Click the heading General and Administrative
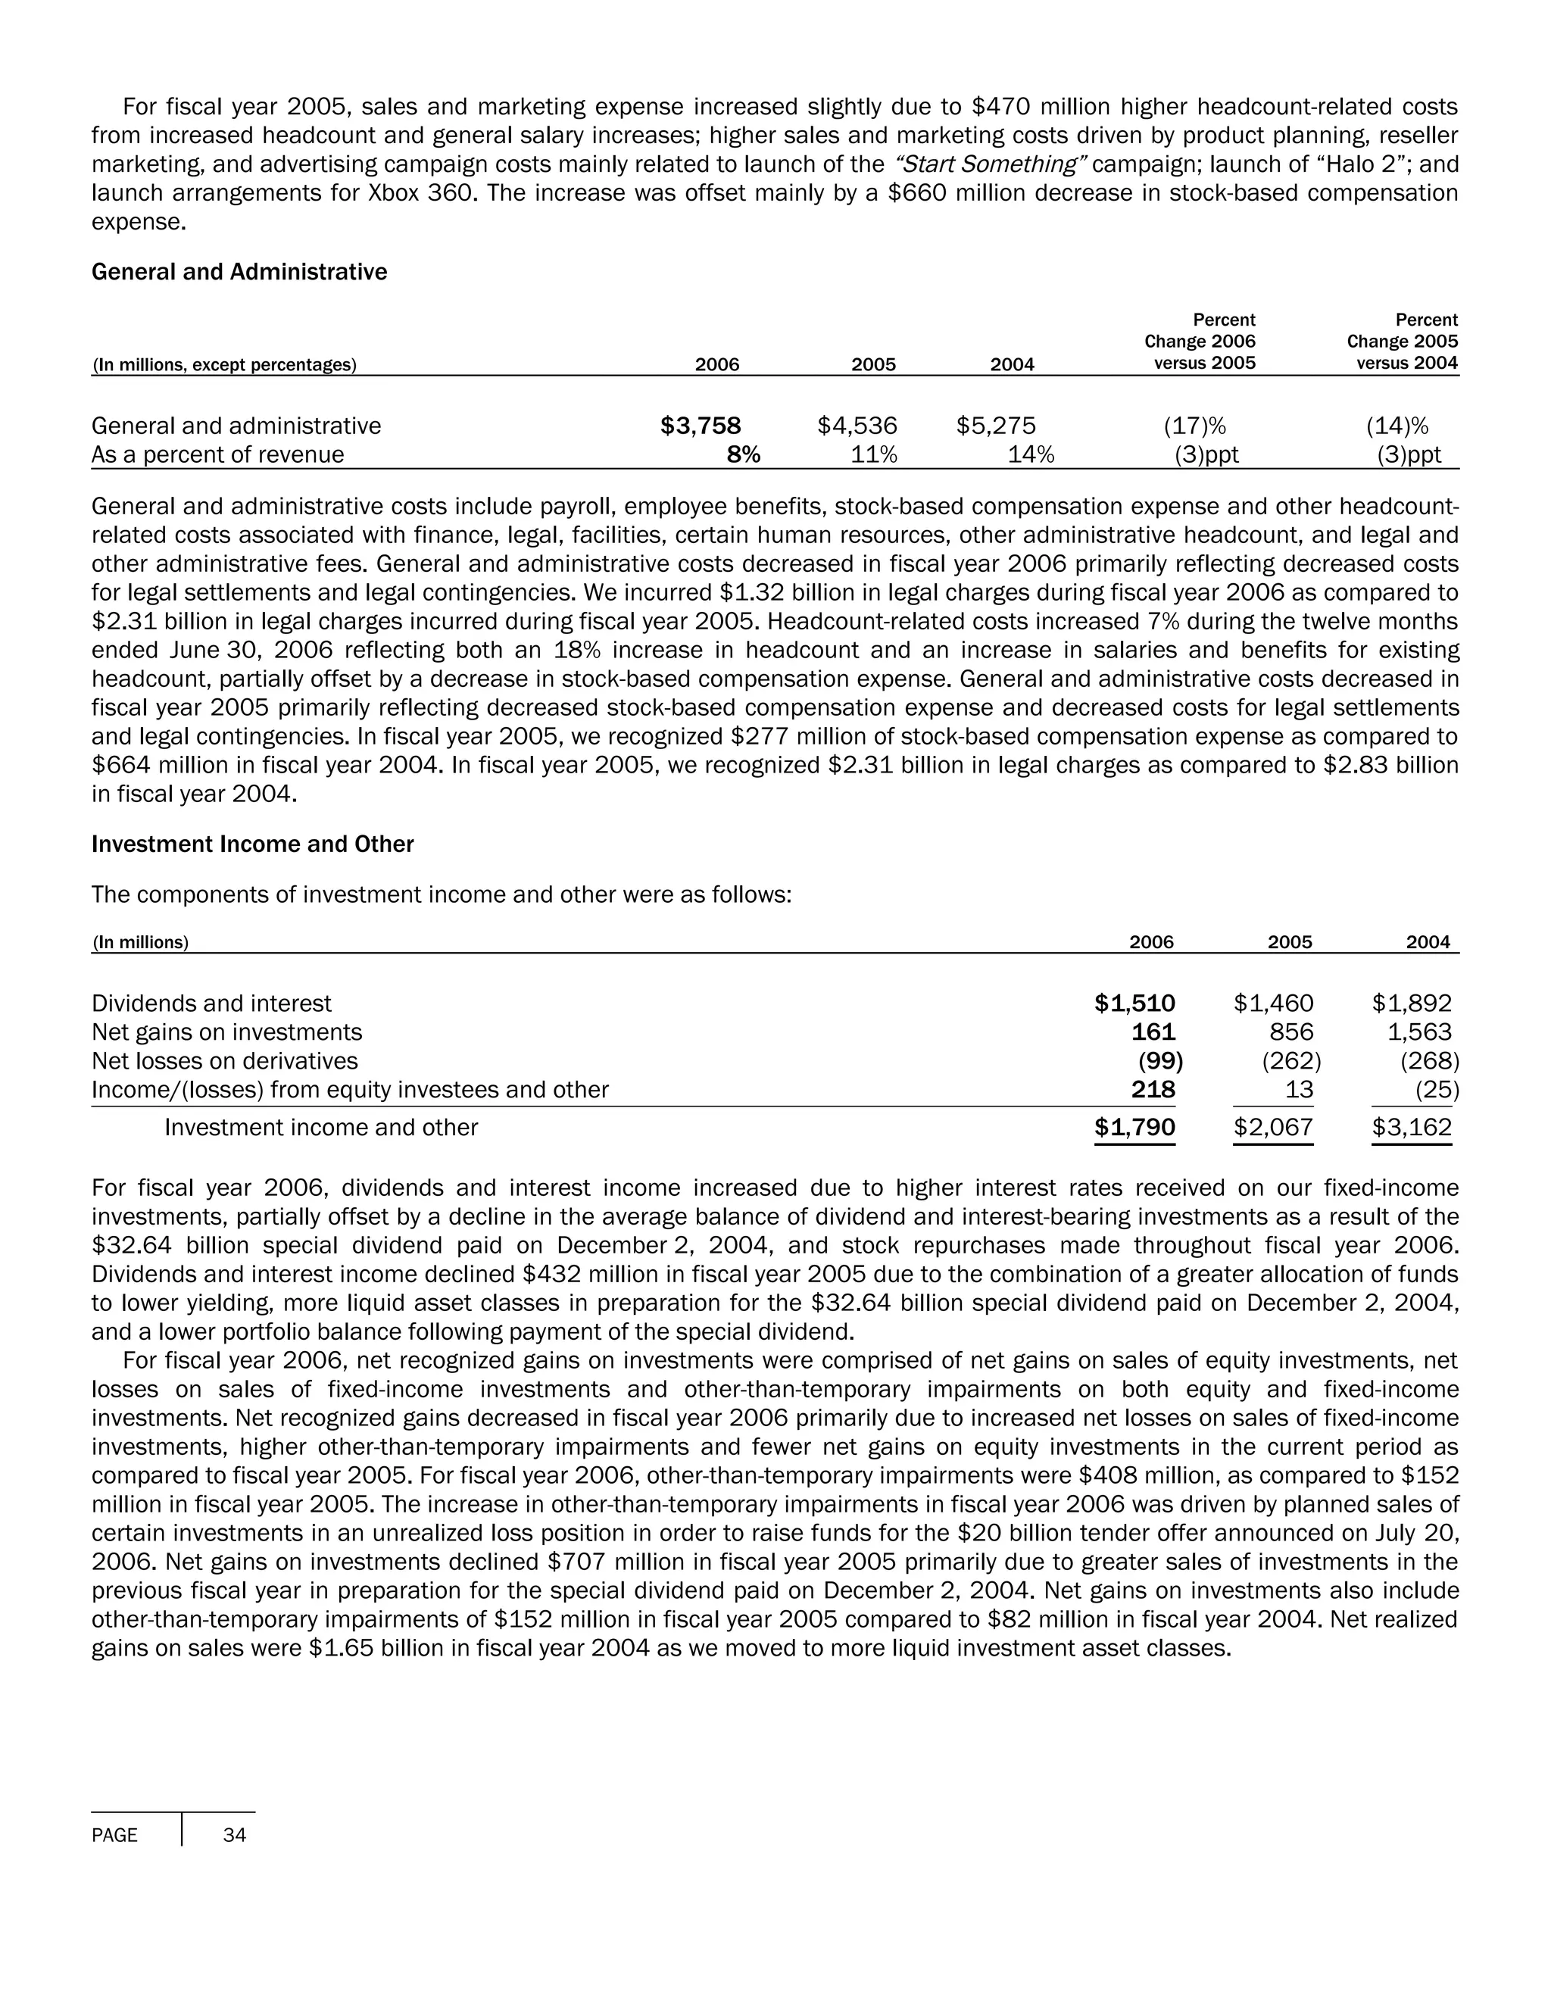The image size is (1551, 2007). (x=239, y=272)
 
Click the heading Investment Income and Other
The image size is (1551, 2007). (x=253, y=844)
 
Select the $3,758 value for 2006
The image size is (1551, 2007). (x=701, y=426)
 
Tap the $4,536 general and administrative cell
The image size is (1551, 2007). (x=857, y=426)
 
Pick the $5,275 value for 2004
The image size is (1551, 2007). (x=995, y=426)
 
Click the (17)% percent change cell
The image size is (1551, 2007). (x=1194, y=426)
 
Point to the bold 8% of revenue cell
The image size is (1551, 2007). (x=744, y=455)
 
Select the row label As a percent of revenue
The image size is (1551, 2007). (x=218, y=455)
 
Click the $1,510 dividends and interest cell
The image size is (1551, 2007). (x=1134, y=1003)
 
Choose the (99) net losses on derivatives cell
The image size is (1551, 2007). (x=1159, y=1061)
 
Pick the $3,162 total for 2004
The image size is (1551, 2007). (x=1412, y=1128)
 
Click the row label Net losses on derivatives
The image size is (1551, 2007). (x=224, y=1061)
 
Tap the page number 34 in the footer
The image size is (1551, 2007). (x=234, y=1835)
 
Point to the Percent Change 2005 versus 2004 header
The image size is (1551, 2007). (x=1401, y=342)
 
